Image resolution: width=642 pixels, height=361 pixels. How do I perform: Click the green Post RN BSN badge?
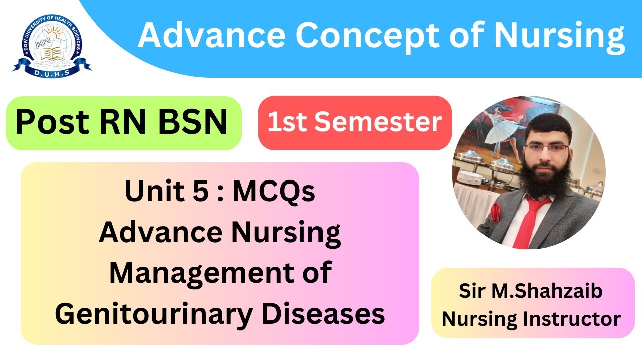(x=123, y=123)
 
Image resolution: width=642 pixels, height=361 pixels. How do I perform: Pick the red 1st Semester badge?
(x=355, y=123)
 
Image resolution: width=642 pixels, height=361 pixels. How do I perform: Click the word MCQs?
(x=274, y=192)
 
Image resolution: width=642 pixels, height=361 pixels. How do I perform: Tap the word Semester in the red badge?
(x=393, y=123)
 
